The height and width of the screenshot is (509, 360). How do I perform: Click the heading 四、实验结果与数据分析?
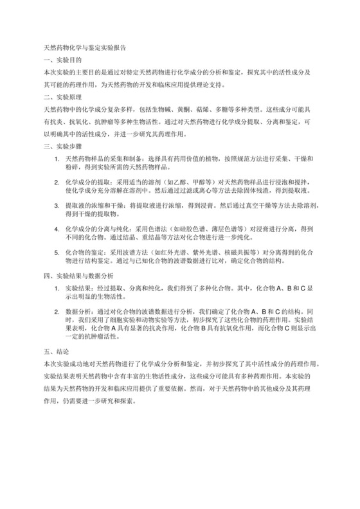pyautogui.click(x=78, y=274)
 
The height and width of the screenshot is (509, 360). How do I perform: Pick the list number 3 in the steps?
pyautogui.click(x=57, y=207)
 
